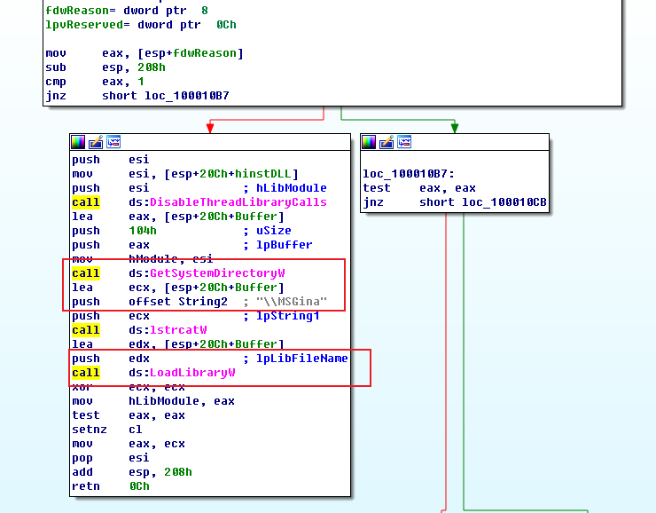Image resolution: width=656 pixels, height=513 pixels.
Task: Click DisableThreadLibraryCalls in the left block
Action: click(238, 202)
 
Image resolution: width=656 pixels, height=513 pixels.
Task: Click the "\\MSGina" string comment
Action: click(292, 302)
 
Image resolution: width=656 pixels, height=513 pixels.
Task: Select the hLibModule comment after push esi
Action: click(291, 188)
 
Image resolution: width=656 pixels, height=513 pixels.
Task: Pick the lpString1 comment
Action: click(288, 316)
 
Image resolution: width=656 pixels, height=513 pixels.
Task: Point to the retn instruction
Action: click(86, 486)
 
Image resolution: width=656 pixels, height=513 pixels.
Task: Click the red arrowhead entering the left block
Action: click(210, 129)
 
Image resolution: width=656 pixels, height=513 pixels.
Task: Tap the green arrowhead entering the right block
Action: click(455, 129)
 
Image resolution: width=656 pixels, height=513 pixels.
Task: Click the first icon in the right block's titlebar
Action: click(370, 142)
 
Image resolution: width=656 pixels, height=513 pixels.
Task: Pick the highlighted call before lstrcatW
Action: click(86, 330)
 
